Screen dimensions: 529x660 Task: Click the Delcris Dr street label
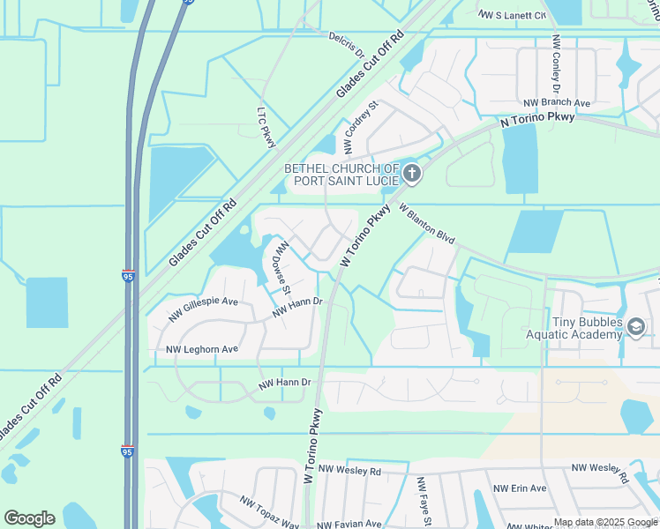347,45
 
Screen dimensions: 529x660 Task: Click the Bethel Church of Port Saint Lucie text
341,175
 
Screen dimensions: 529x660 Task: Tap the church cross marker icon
412,174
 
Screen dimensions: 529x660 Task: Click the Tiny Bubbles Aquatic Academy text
587,328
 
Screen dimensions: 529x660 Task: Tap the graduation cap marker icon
635,328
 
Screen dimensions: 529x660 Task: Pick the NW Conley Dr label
556,64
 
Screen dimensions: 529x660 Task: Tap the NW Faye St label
423,502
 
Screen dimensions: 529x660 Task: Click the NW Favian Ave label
349,524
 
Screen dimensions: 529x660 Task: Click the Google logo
29,518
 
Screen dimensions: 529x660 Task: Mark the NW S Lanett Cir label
511,15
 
